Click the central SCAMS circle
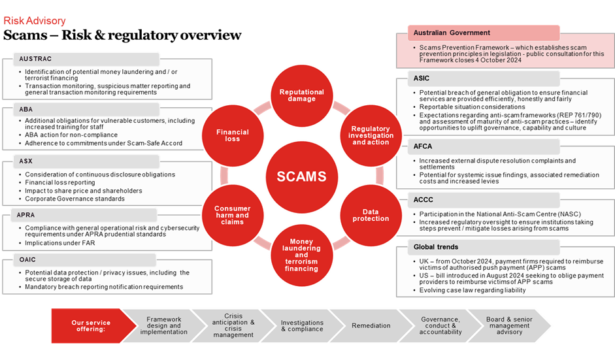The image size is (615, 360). [301, 176]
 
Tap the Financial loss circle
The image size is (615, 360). [233, 135]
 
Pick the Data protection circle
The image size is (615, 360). [371, 215]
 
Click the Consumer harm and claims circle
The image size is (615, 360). [232, 215]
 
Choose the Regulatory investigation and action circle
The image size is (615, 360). [371, 135]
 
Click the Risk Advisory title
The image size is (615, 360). [35, 21]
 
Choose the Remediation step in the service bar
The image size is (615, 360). [371, 325]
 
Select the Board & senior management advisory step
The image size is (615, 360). [508, 325]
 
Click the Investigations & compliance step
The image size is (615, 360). [301, 325]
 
